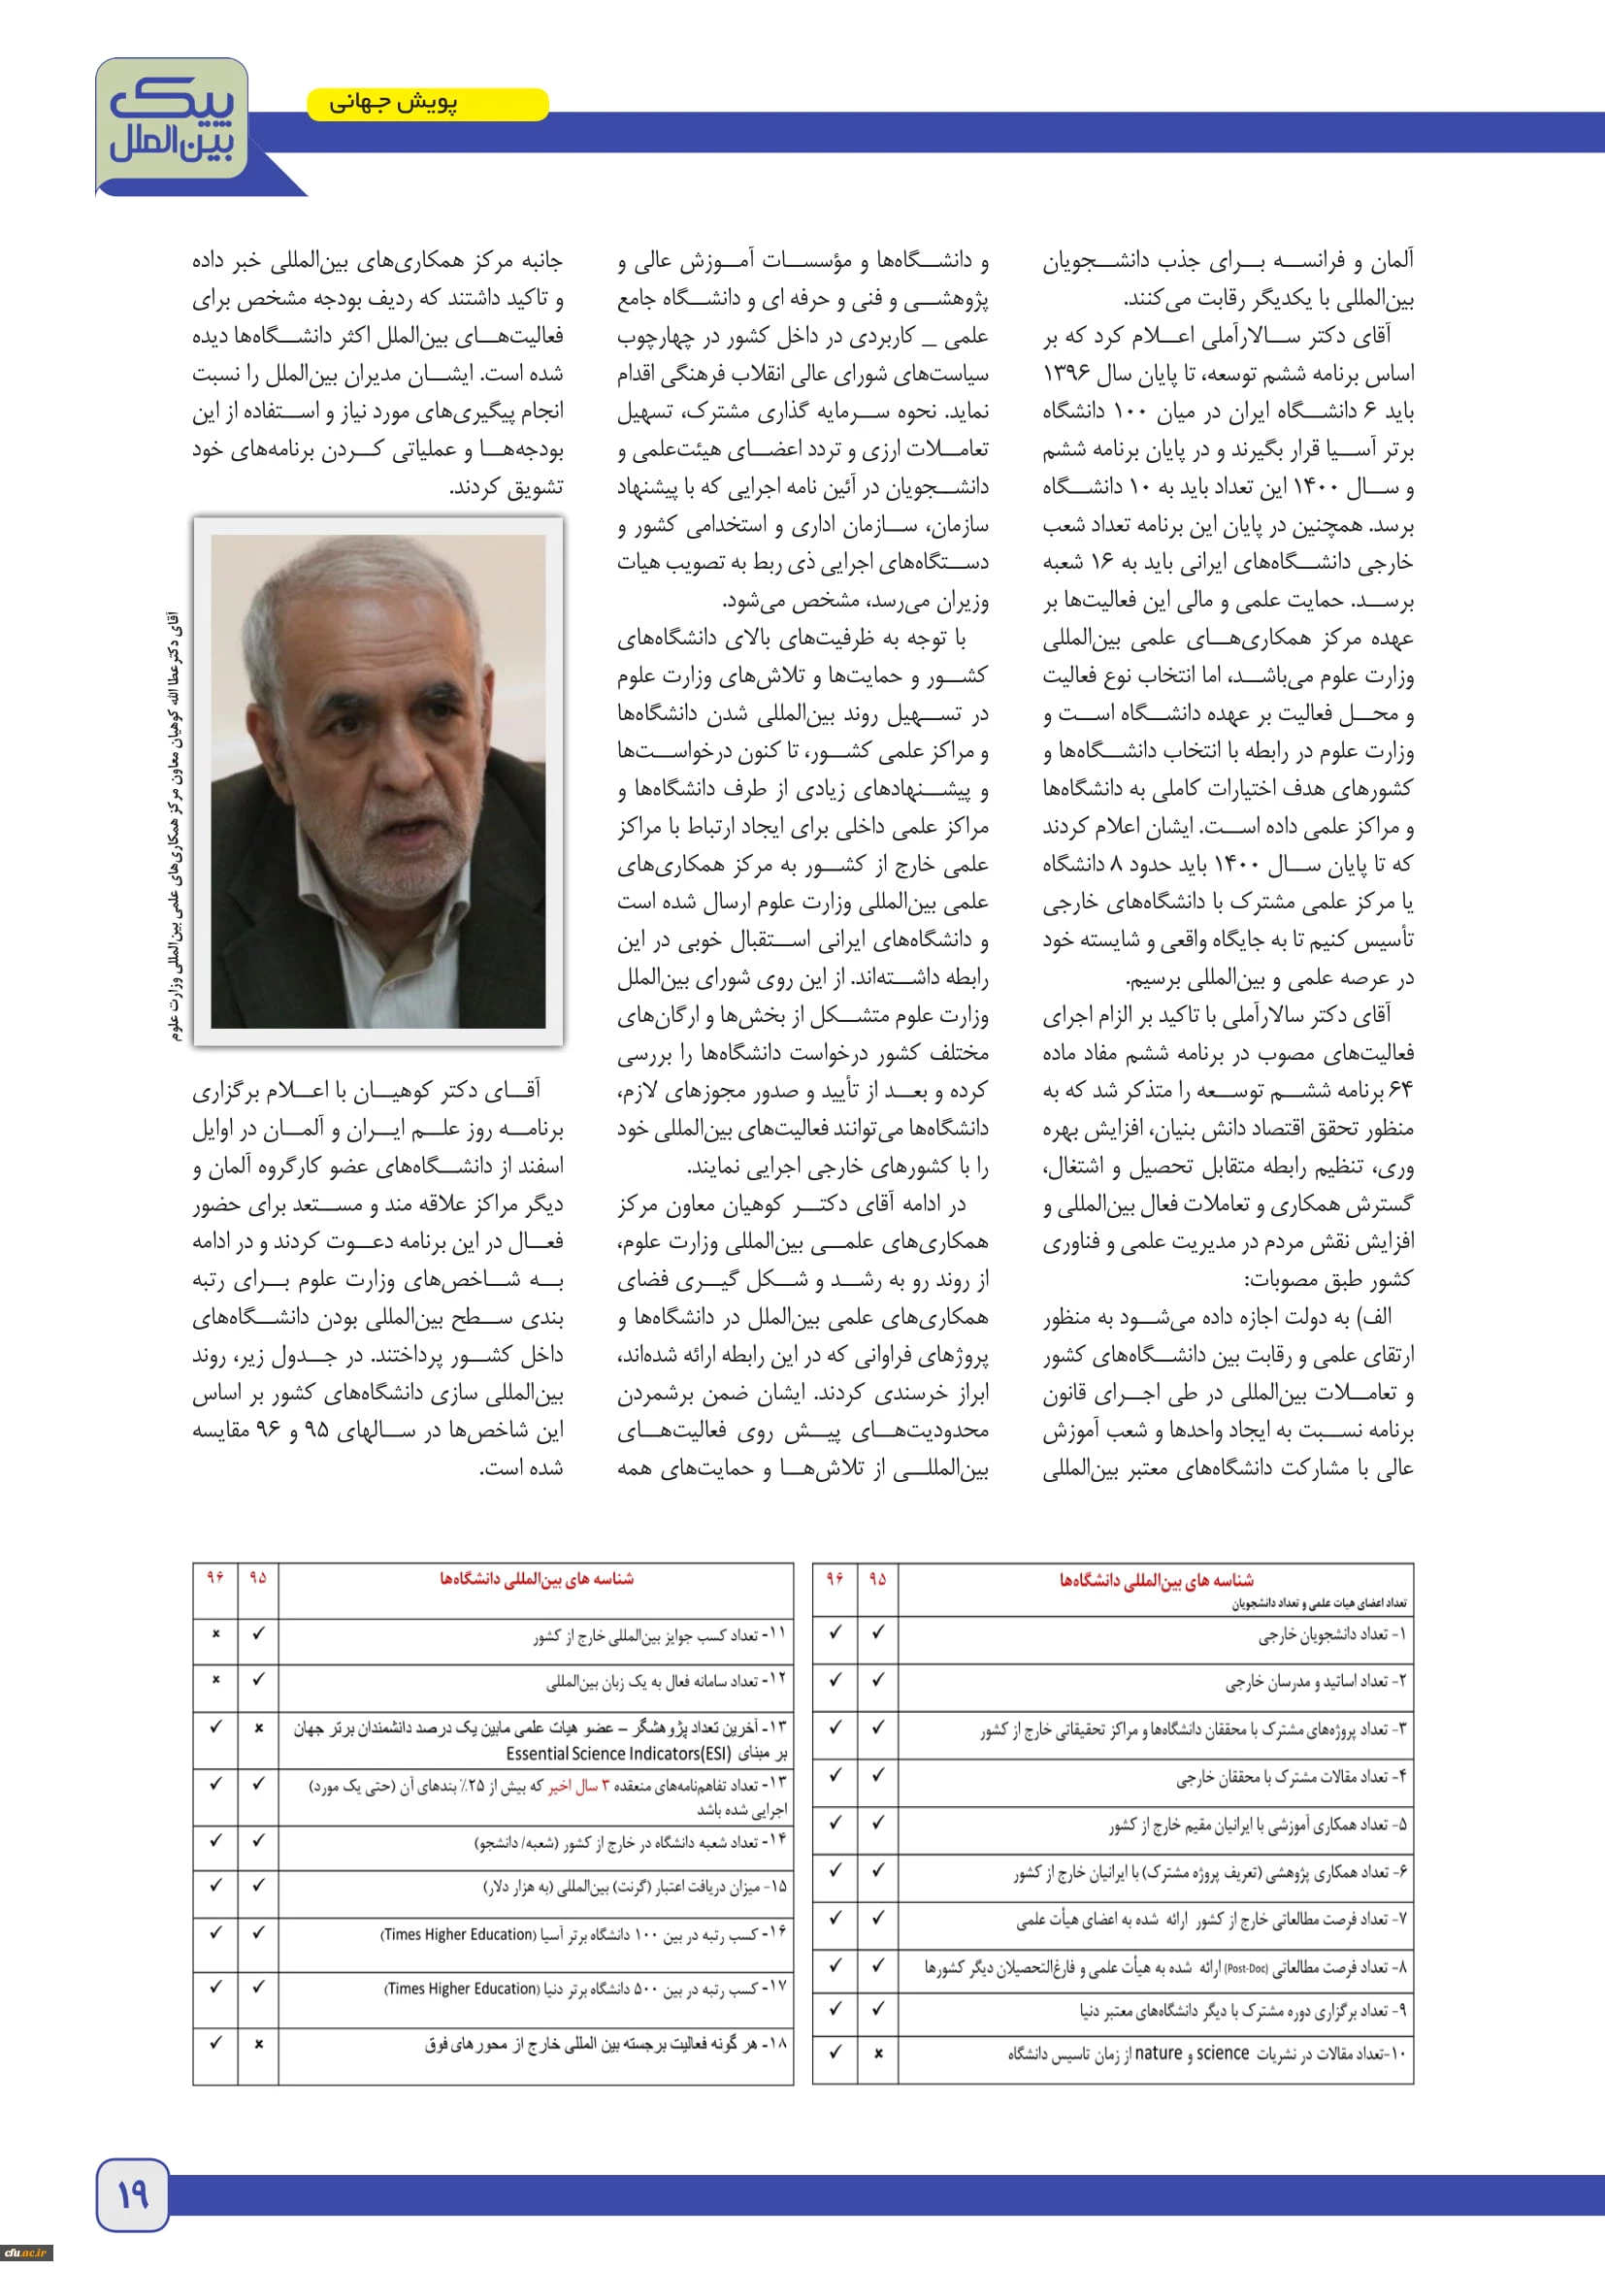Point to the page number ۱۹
132,2195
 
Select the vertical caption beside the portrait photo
175,825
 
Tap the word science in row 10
1223,2054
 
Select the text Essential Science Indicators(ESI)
618,1754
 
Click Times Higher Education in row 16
459,1934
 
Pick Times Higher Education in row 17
462,1989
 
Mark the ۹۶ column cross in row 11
215,1634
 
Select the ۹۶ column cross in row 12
215,1680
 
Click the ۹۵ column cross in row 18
258,2044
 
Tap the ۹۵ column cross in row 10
877,2054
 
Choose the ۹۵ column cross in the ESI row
258,1728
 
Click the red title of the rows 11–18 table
536,1579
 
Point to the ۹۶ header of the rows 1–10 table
835,1579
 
